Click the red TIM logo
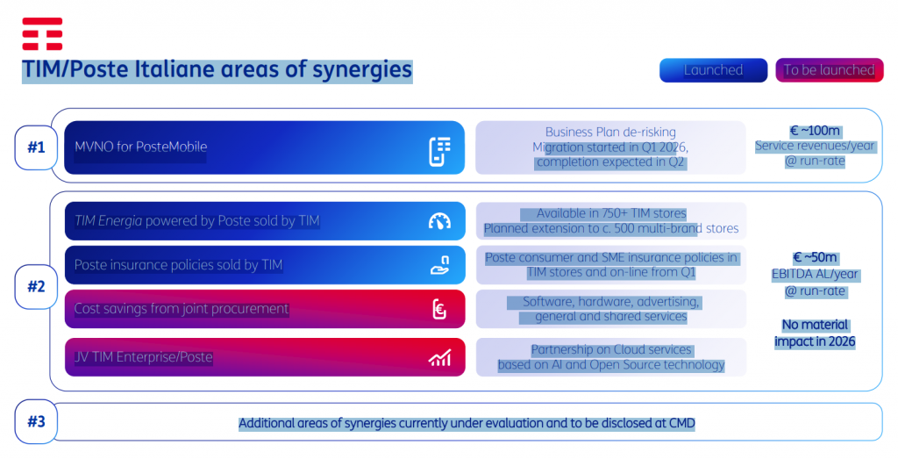(42, 34)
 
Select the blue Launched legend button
(713, 70)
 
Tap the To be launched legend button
(830, 70)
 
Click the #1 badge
(36, 147)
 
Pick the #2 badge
(36, 286)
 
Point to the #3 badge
(36, 422)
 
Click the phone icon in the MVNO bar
(440, 151)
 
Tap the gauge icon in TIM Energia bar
(440, 221)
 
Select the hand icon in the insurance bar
(440, 265)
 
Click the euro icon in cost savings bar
(439, 310)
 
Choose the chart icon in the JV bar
(440, 357)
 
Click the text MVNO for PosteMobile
(141, 147)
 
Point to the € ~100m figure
(815, 132)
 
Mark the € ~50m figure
(815, 258)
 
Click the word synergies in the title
(362, 70)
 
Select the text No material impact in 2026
(815, 333)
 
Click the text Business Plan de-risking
(610, 133)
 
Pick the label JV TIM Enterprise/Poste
(144, 357)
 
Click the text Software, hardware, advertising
(610, 302)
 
